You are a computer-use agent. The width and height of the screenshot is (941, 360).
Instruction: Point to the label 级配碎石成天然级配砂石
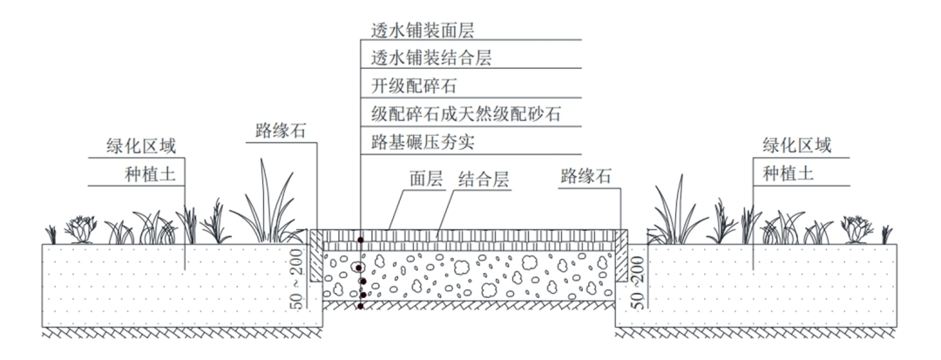pyautogui.click(x=454, y=113)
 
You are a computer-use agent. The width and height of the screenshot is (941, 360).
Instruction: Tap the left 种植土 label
pyautogui.click(x=151, y=173)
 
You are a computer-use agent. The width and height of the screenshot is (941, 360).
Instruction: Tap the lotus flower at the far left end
pyautogui.click(x=81, y=230)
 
